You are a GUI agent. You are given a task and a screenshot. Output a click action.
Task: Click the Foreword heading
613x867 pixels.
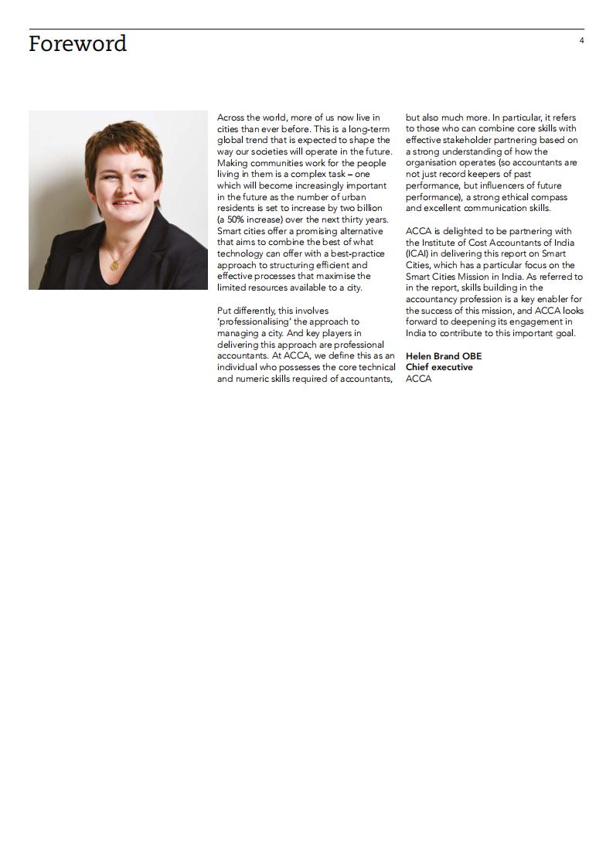click(77, 44)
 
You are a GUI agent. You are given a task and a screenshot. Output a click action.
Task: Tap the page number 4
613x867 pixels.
click(581, 40)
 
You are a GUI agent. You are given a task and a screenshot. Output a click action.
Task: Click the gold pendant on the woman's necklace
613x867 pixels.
click(114, 264)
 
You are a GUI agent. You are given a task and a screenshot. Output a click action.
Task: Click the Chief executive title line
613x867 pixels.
click(439, 367)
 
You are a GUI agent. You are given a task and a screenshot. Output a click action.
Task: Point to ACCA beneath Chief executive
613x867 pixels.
click(418, 379)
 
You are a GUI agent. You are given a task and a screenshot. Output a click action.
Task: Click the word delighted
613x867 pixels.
click(458, 231)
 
